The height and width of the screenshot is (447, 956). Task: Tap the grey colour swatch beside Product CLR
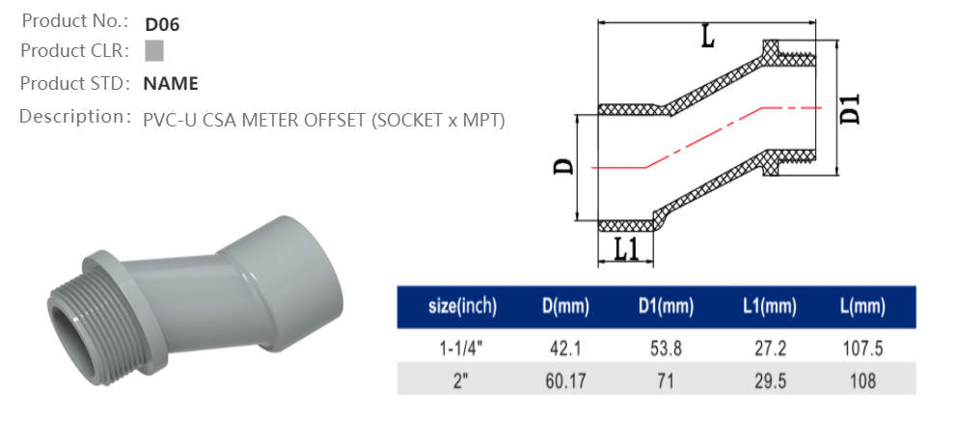click(x=154, y=51)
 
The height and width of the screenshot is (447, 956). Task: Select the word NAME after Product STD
click(x=171, y=84)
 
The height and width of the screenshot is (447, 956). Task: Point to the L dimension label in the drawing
click(x=707, y=38)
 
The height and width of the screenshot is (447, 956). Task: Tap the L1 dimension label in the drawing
click(x=627, y=249)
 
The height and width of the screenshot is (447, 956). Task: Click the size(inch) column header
click(x=462, y=307)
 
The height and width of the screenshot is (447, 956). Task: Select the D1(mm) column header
click(x=666, y=307)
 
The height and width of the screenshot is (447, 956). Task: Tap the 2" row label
click(x=462, y=380)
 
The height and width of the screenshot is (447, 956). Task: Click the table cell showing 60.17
click(x=564, y=380)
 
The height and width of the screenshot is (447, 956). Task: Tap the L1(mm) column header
click(x=769, y=307)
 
